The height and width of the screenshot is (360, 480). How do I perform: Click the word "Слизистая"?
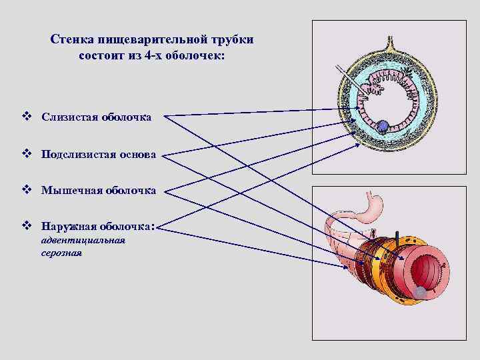[x=69, y=117]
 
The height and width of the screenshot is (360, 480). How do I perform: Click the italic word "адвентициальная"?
[x=83, y=240]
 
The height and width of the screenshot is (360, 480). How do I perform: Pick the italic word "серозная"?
[x=61, y=253]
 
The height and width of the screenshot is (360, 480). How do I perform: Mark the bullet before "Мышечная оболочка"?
[x=26, y=191]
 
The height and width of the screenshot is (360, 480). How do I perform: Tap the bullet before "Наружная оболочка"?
[x=26, y=226]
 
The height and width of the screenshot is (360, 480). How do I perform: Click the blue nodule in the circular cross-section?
[x=383, y=125]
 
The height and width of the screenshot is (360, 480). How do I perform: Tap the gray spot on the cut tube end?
[x=420, y=293]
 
